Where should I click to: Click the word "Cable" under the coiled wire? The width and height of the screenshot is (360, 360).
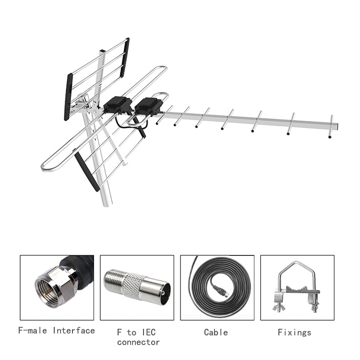(216, 332)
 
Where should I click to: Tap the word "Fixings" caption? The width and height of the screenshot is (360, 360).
(294, 333)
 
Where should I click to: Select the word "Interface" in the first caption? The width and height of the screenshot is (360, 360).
(74, 331)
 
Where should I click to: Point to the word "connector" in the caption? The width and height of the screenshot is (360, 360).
(138, 342)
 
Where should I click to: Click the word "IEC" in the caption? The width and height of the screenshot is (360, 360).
(149, 332)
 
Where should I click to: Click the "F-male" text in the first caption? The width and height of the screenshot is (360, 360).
(33, 331)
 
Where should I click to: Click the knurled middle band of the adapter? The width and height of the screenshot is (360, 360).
(131, 285)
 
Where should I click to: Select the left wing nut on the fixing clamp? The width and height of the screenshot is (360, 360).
(278, 307)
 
